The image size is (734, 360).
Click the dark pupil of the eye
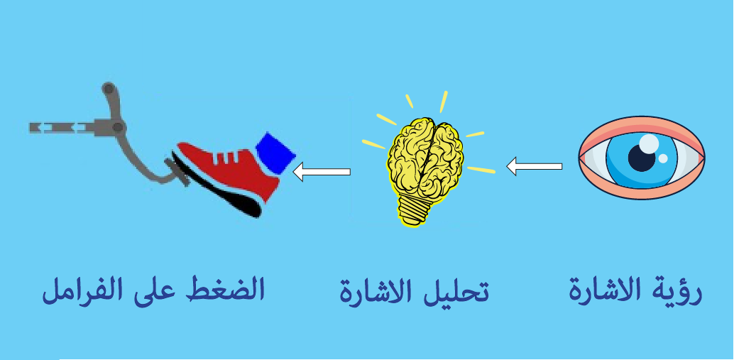pos(641,158)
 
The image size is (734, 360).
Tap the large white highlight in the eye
pos(649,143)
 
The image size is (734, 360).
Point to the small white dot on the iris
pos(663,159)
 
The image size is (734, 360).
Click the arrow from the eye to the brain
pos(535,166)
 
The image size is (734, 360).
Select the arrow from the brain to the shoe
pos(322,171)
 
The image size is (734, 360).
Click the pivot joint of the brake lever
pos(118,127)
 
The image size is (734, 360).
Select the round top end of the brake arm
pos(108,88)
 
